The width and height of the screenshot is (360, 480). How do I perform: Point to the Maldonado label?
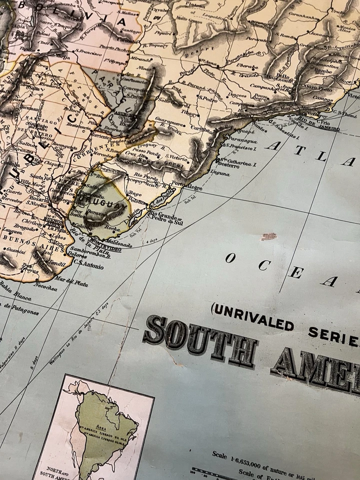[118, 245]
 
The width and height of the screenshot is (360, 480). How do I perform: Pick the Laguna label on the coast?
[220, 173]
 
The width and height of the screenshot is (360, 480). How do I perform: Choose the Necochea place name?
[45, 286]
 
